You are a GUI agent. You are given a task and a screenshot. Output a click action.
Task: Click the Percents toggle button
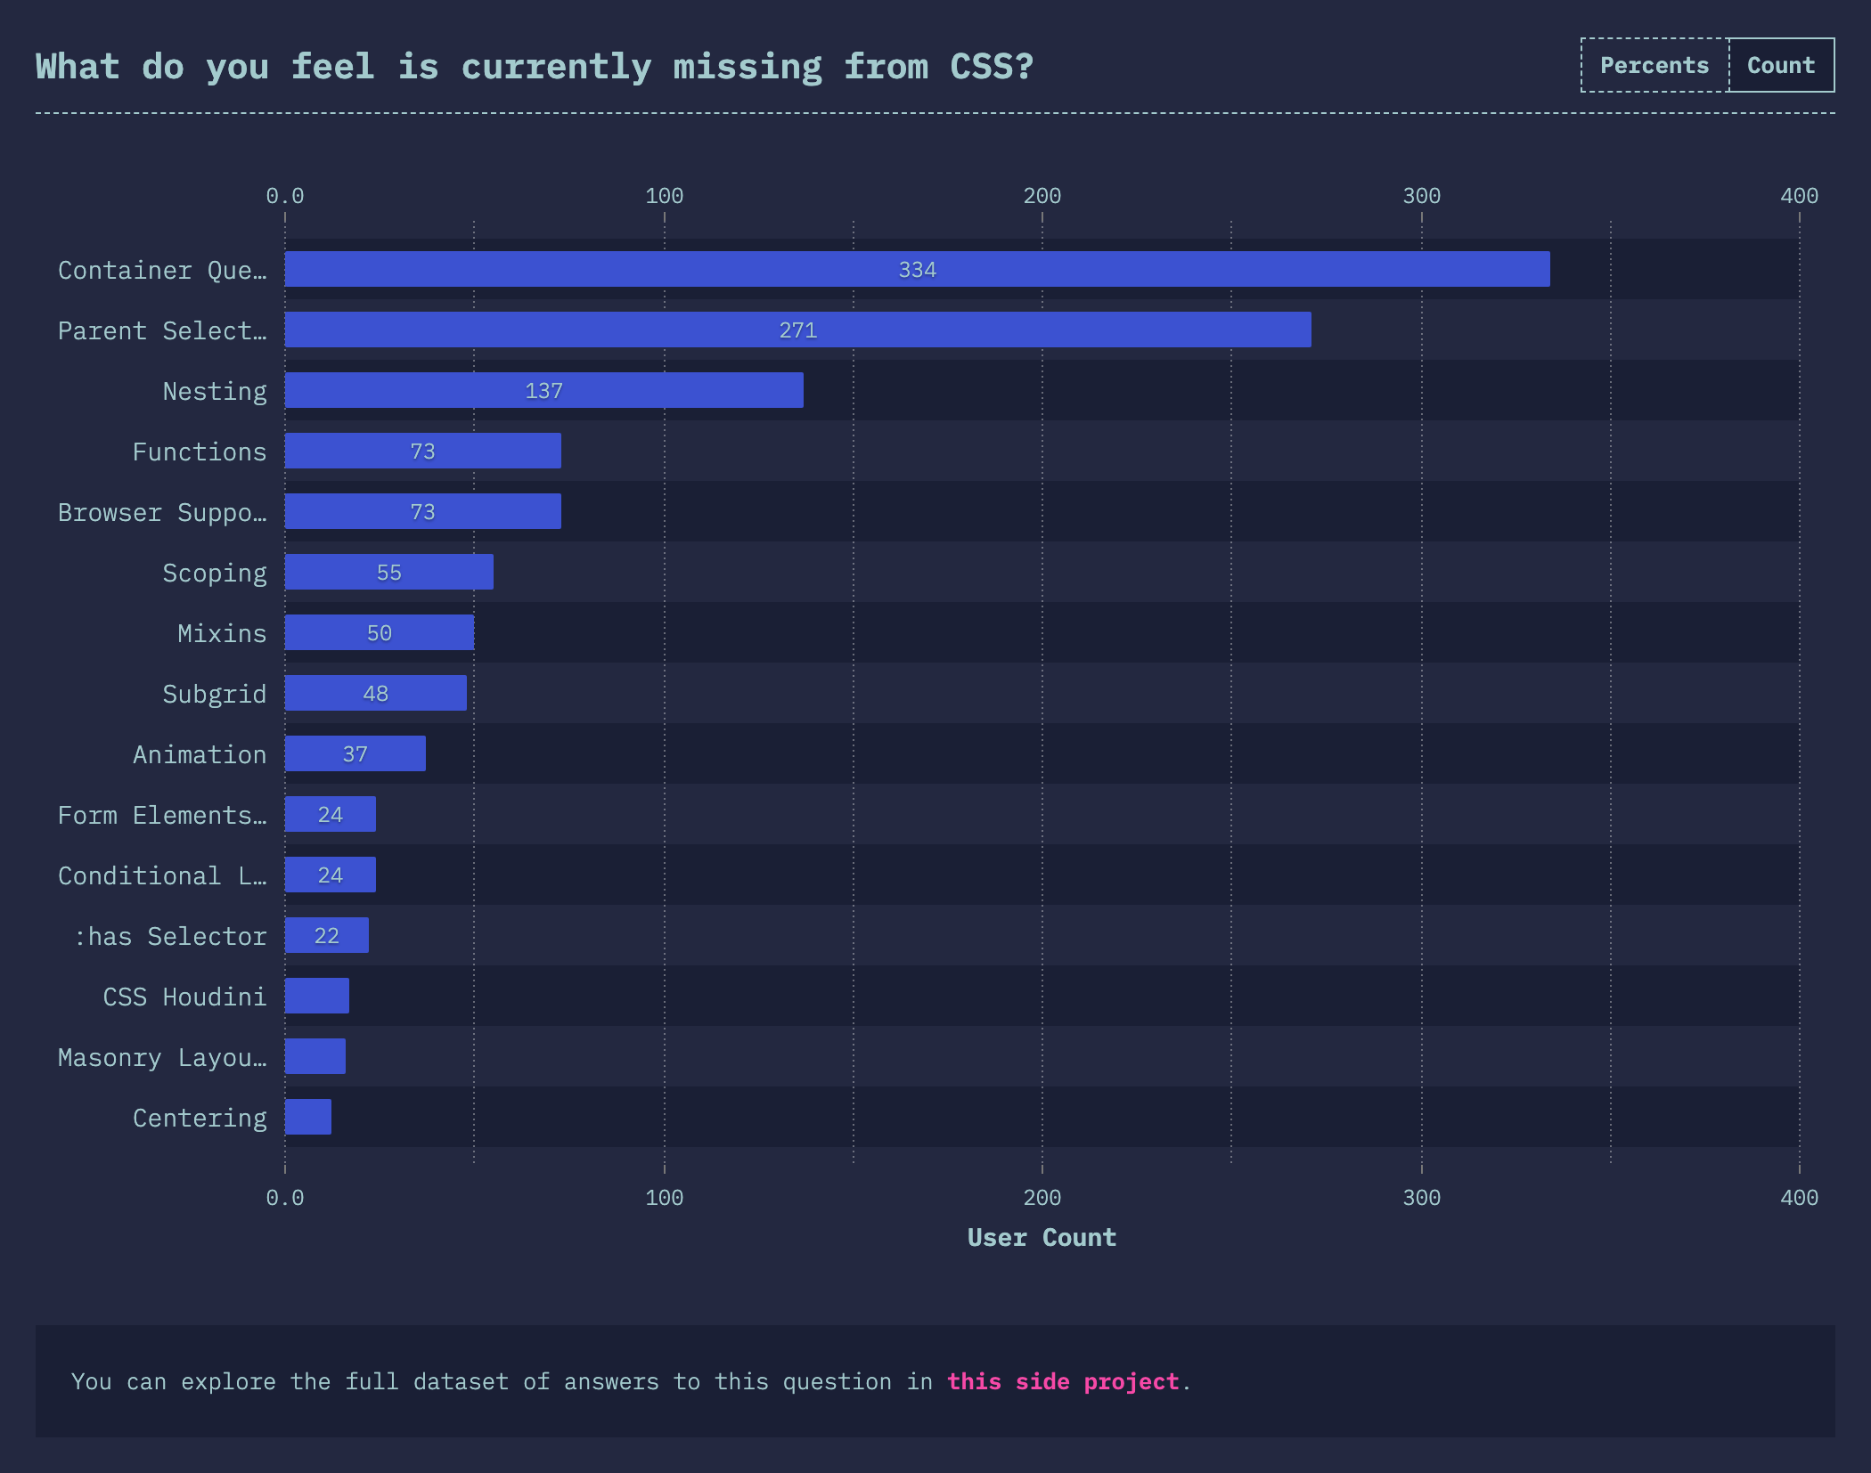tap(1654, 65)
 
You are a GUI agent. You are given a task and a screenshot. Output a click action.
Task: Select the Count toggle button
tap(1781, 65)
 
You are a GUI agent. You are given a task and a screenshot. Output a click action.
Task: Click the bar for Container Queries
tap(917, 269)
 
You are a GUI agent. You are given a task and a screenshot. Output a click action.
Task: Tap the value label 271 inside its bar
tap(797, 330)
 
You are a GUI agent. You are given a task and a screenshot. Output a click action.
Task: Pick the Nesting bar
tap(543, 390)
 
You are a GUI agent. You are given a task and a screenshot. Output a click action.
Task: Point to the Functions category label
tap(200, 452)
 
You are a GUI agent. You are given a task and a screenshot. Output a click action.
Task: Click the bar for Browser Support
tap(422, 511)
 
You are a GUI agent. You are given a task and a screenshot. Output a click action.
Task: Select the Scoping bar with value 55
tap(388, 572)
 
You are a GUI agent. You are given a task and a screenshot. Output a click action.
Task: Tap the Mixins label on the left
tap(222, 633)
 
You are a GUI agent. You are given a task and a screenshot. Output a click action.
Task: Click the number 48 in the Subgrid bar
tap(375, 694)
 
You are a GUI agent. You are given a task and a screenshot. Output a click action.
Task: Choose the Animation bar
tap(355, 753)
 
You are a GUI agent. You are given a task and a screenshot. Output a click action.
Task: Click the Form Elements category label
tap(161, 815)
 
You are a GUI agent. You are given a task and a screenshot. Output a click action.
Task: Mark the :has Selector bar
tap(326, 935)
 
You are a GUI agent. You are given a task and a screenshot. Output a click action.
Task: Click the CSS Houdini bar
tap(316, 996)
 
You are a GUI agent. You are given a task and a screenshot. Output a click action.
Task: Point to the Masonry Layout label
tap(161, 1057)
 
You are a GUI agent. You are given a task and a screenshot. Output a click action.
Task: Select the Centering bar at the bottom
tap(307, 1117)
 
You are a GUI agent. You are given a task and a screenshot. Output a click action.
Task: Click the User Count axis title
tap(1042, 1237)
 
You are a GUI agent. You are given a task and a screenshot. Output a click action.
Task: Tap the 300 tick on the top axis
tap(1421, 196)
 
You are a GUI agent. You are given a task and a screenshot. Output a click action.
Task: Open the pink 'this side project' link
tap(1062, 1381)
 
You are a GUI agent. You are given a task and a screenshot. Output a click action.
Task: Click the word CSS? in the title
tap(991, 67)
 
